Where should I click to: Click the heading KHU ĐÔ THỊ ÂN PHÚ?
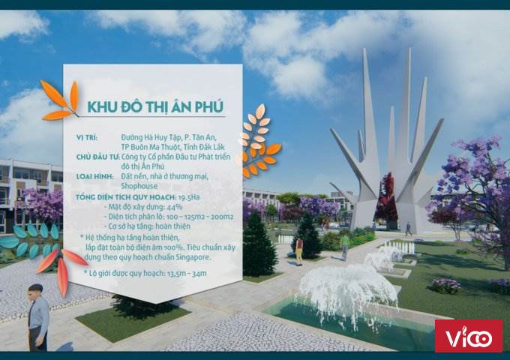[155, 106]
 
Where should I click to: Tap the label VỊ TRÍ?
[87, 137]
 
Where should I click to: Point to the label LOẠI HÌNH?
[94, 176]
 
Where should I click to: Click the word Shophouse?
[139, 186]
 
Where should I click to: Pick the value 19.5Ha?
[189, 197]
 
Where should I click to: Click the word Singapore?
[193, 257]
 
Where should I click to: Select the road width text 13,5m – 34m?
[187, 274]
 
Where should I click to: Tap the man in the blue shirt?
[38, 318]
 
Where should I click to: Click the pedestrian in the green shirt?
[344, 247]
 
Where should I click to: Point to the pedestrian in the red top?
[299, 251]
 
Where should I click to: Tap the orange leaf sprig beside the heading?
[61, 100]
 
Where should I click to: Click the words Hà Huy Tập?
[163, 137]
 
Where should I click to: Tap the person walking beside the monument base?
[408, 229]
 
